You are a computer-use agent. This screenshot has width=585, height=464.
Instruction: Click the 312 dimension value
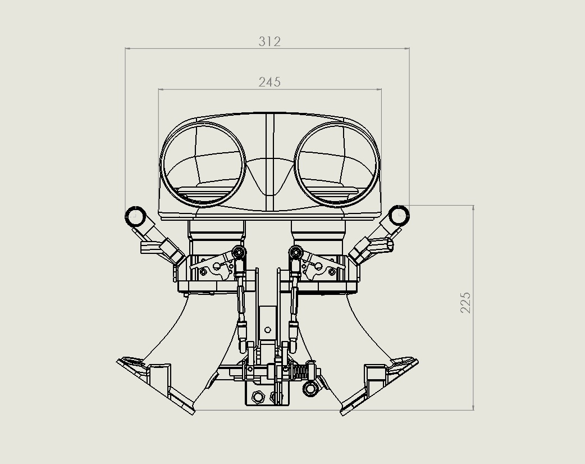[269, 42]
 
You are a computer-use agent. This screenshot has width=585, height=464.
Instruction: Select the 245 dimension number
[269, 82]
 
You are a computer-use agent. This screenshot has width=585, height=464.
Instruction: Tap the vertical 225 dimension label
[465, 302]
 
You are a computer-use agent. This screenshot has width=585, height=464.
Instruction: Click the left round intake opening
[203, 165]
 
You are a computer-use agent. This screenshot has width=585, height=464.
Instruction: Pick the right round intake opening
[337, 165]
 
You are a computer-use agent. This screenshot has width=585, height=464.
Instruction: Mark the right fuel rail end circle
[399, 215]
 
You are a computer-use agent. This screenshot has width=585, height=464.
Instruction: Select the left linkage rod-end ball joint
[239, 253]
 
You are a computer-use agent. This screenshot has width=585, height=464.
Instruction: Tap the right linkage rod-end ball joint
[295, 253]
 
